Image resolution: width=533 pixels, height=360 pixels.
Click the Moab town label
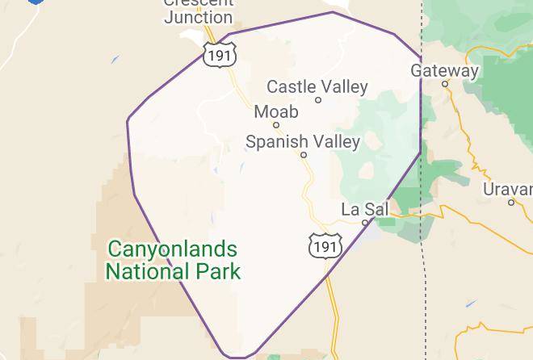click(275, 111)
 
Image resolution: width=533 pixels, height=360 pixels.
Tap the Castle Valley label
click(317, 86)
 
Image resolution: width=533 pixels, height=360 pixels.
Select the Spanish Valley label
click(302, 142)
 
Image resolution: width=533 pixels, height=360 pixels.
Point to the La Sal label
click(364, 209)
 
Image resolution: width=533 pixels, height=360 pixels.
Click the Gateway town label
click(444, 70)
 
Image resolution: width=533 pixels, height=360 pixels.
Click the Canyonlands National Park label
click(173, 259)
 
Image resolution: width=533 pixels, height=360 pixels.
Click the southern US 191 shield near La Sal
click(326, 244)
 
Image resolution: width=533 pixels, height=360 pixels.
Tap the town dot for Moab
click(276, 125)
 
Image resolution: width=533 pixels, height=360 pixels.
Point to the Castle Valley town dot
click(318, 100)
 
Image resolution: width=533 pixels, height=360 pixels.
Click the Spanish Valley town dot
click(304, 155)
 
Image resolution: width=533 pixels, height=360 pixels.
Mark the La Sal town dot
click(365, 222)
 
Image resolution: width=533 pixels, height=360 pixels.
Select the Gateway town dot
click(445, 84)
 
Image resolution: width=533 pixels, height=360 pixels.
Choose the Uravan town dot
click(511, 202)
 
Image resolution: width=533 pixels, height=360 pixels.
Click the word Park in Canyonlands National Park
click(219, 270)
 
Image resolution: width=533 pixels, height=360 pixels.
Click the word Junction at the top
click(198, 17)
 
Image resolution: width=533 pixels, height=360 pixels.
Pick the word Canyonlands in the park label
click(173, 249)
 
